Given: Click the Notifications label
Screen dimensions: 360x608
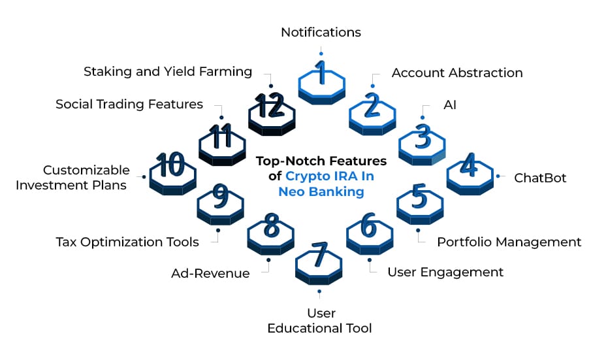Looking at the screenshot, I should point(321,32).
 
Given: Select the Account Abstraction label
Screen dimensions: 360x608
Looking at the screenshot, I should point(457,73).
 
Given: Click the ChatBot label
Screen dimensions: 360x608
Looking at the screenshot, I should point(540,178).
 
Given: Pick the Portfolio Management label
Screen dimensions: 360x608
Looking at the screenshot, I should point(509,242).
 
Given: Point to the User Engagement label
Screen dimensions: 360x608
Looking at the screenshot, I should point(445,272).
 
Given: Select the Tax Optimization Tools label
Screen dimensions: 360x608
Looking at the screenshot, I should point(127,242).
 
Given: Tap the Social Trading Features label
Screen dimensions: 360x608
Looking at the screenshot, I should point(129,105).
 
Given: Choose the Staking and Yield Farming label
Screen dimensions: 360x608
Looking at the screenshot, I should point(168,72).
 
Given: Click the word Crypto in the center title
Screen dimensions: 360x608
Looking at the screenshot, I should point(306,176).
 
